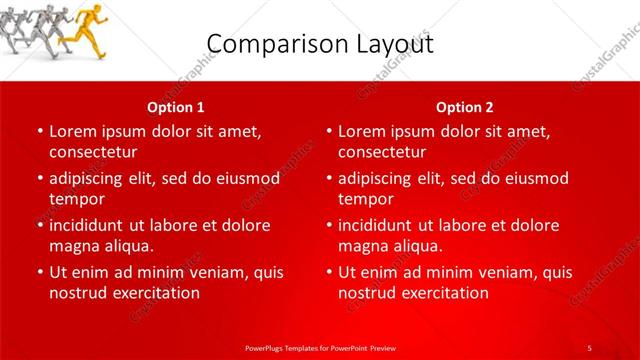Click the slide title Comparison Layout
coord(320,45)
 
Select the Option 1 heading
coord(176,107)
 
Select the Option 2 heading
coord(465,107)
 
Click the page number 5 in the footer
coord(589,347)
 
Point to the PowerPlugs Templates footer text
coord(320,347)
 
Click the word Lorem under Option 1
coord(72,131)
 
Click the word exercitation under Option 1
coord(155,293)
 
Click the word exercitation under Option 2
coord(445,293)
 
